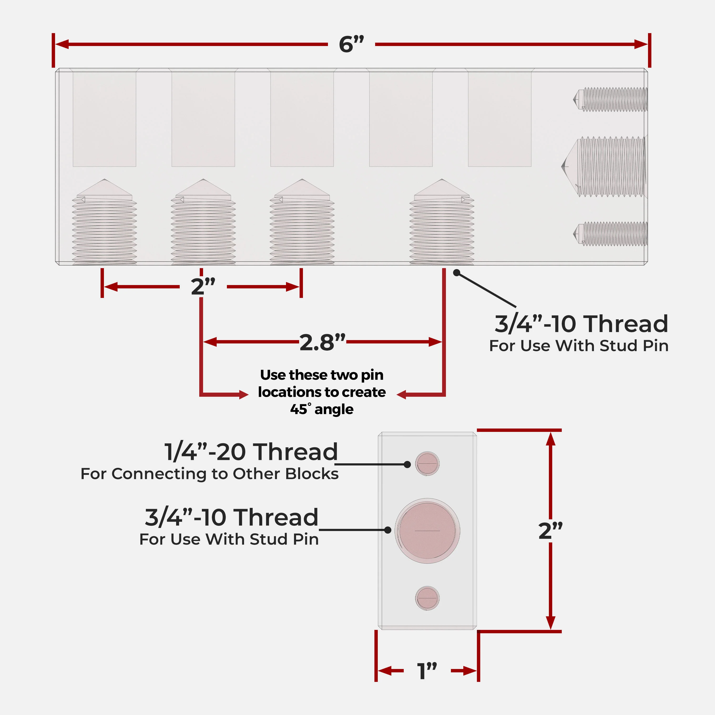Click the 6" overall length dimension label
tap(351, 44)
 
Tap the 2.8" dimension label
tap(322, 342)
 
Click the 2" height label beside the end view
tap(550, 530)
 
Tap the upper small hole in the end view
tap(427, 463)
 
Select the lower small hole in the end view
tap(427, 598)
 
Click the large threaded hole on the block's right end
tap(604, 167)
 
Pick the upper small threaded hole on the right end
tap(610, 99)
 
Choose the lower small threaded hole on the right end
tap(610, 234)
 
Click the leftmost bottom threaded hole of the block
tap(104, 222)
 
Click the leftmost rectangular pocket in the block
tap(104, 119)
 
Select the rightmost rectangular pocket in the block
tap(500, 119)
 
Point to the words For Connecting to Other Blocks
tap(209, 474)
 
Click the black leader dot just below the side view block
tap(457, 273)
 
